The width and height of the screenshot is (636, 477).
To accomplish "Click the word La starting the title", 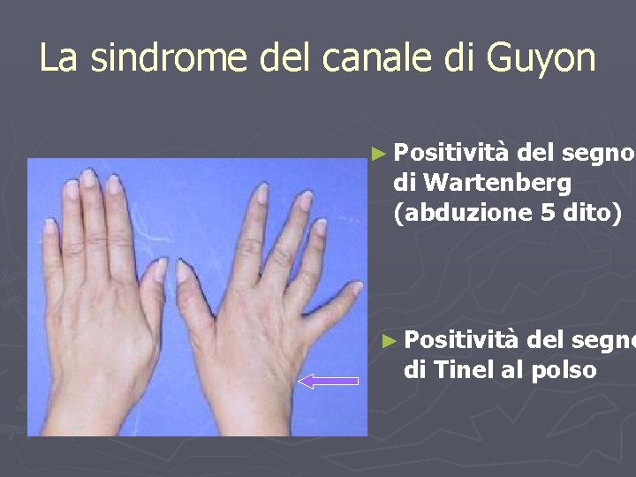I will click(x=58, y=58).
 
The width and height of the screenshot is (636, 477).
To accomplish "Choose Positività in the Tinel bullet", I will click(x=459, y=340).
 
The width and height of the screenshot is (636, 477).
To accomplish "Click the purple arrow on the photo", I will click(x=329, y=381).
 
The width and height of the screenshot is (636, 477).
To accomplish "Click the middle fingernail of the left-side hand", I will click(x=87, y=178).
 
